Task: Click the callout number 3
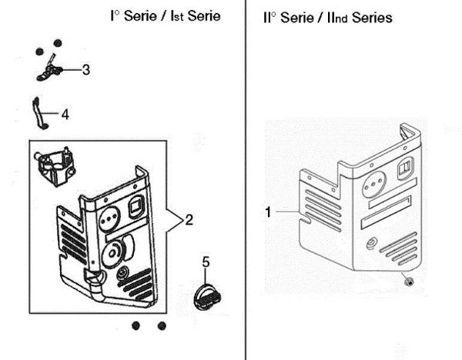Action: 86,69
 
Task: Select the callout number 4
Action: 65,114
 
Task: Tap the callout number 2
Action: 189,220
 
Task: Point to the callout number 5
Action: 206,262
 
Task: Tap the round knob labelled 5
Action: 206,295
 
